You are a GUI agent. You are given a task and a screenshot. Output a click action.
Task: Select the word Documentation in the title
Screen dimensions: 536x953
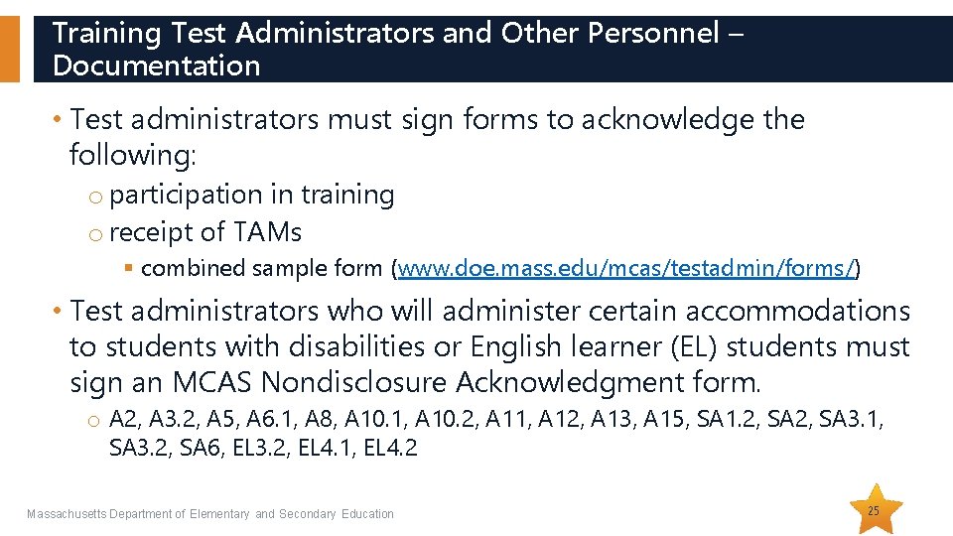(x=156, y=67)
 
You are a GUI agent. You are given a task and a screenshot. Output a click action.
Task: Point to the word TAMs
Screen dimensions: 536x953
(x=267, y=232)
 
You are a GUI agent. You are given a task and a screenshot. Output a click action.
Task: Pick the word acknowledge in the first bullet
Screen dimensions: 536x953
(x=668, y=120)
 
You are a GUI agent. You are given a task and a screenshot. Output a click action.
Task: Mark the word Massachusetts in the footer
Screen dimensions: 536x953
(x=66, y=514)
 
